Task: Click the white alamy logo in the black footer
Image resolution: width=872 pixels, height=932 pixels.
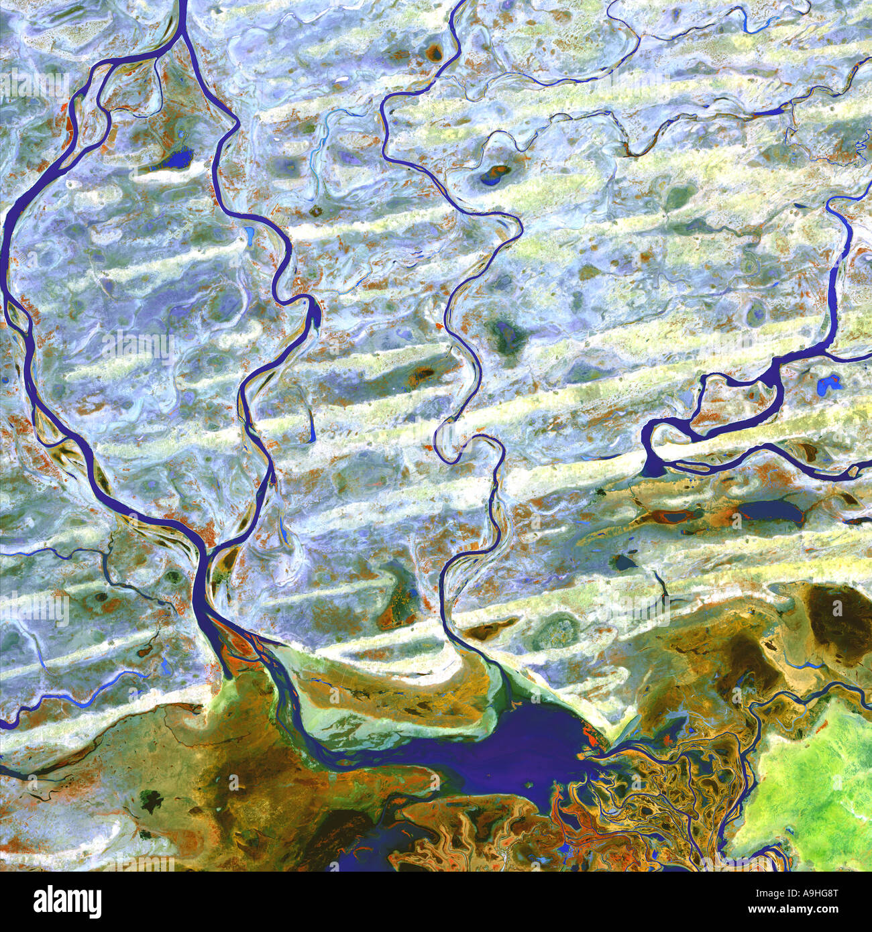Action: point(67,901)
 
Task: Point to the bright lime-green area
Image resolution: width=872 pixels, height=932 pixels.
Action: point(812,778)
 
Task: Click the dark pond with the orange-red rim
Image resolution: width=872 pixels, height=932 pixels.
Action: point(671,517)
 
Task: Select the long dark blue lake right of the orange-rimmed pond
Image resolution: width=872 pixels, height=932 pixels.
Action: point(771,512)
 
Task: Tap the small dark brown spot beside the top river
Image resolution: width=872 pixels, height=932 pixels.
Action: point(435,52)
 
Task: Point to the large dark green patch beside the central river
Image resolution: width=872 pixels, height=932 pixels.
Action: point(506,333)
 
